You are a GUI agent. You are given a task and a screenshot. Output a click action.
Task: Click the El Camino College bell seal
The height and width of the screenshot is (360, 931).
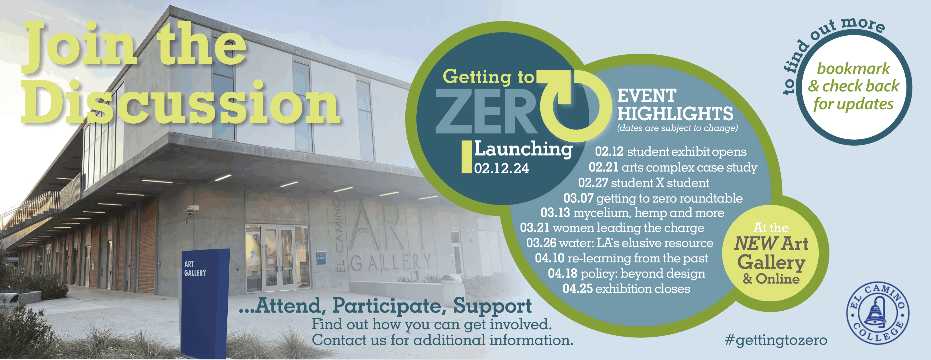pos(878,313)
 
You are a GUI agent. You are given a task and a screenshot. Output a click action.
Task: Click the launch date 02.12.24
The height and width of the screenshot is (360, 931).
pos(501,168)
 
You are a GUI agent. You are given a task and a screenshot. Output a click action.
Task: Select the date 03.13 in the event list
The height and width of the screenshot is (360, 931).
pos(555,212)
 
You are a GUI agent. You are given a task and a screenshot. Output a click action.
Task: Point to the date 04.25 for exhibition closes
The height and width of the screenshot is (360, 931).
pos(578,288)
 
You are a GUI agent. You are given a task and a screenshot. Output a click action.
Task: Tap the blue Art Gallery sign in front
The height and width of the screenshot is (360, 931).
pos(204,302)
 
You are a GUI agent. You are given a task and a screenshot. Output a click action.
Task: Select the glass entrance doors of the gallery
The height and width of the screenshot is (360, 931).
pos(277,258)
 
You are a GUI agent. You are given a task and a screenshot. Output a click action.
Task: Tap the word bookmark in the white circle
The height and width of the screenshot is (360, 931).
pos(853,68)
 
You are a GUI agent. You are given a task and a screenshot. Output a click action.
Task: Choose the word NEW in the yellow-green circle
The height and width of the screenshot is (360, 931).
pos(756,243)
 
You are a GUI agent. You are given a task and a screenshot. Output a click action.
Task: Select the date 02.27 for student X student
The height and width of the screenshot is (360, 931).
pos(593,183)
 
